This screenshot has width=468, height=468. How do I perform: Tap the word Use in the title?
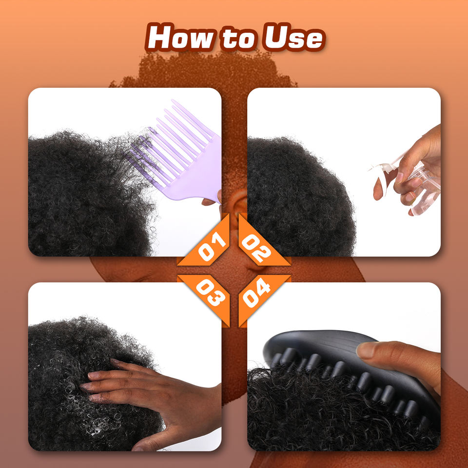(x=293, y=38)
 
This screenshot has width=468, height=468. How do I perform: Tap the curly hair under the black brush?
(x=328, y=418)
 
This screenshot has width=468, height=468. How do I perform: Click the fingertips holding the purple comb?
(x=213, y=199)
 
